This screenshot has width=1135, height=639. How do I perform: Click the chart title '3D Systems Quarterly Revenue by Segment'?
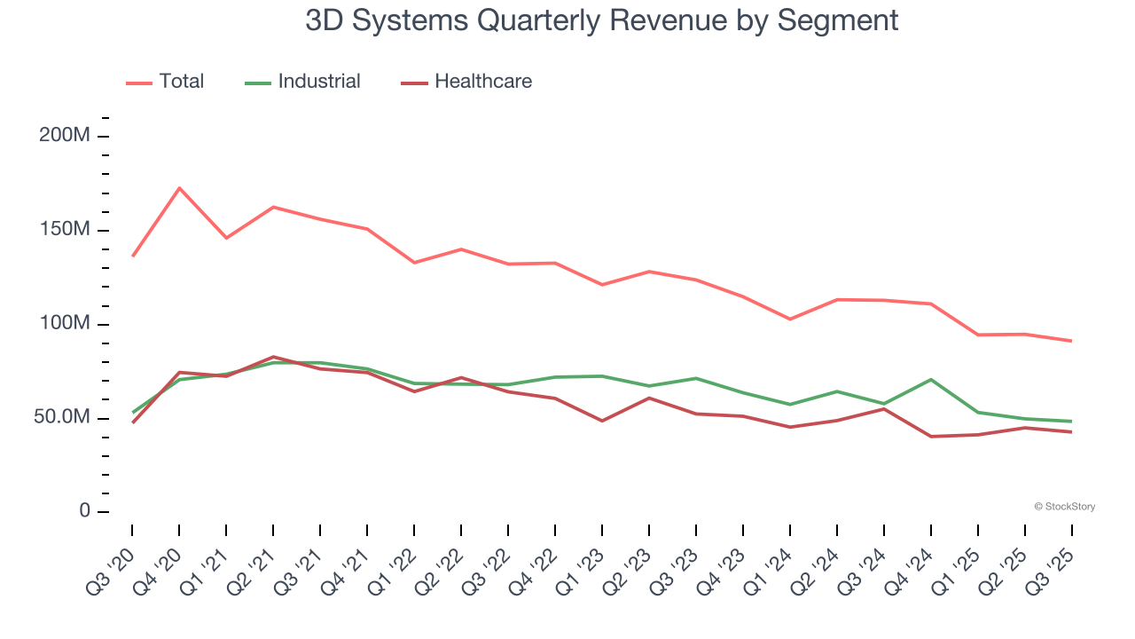pyautogui.click(x=601, y=20)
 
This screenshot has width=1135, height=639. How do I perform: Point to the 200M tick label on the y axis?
pyautogui.click(x=65, y=137)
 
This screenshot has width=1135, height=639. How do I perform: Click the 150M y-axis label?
pyautogui.click(x=65, y=231)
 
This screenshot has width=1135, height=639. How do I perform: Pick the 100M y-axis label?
pyautogui.click(x=65, y=324)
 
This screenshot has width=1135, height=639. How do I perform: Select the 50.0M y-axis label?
pyautogui.click(x=62, y=418)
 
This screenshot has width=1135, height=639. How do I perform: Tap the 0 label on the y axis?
pyautogui.click(x=84, y=511)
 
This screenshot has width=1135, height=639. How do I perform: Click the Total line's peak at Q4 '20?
pyautogui.click(x=179, y=188)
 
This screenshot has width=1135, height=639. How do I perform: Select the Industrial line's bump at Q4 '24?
pyautogui.click(x=931, y=380)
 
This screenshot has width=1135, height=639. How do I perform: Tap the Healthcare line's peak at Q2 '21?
pyautogui.click(x=273, y=357)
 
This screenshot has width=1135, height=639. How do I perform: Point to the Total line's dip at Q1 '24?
pyautogui.click(x=790, y=319)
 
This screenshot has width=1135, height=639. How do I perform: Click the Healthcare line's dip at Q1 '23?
pyautogui.click(x=602, y=421)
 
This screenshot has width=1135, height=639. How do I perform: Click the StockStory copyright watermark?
pyautogui.click(x=1064, y=507)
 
